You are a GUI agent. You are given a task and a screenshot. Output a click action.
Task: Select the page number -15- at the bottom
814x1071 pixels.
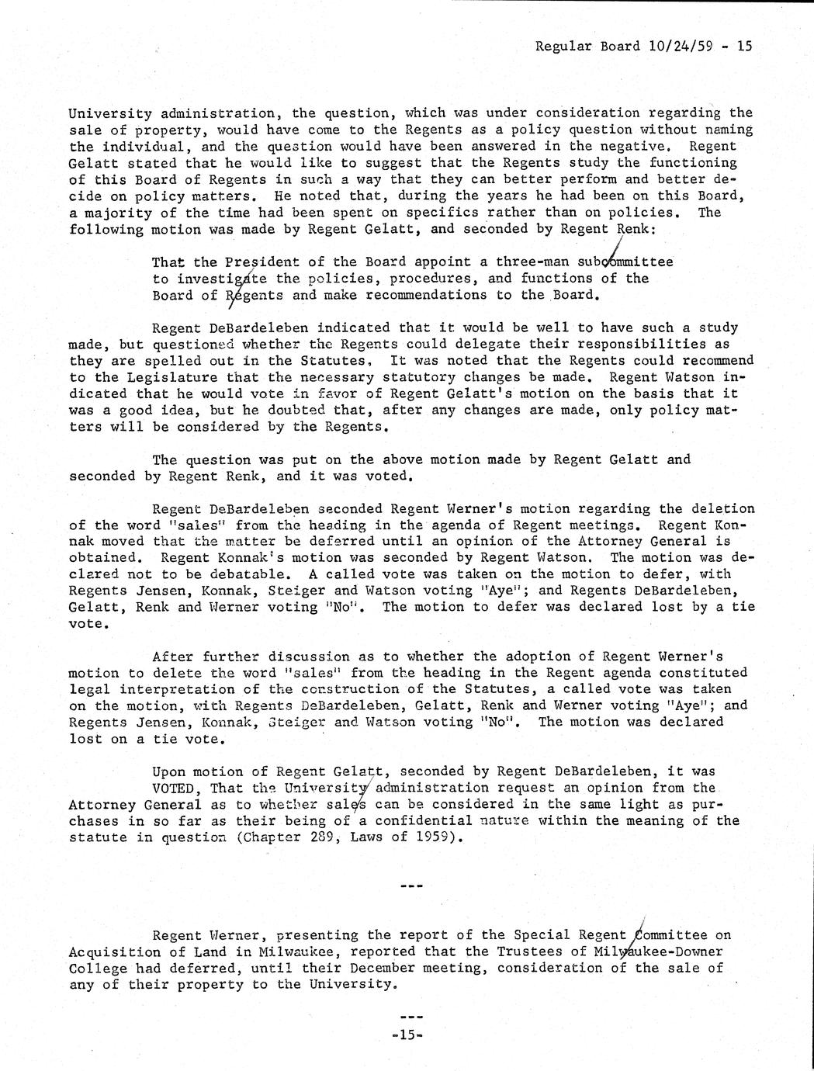tap(406, 1035)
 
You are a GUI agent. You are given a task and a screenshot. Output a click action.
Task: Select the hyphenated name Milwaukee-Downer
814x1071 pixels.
tap(658, 951)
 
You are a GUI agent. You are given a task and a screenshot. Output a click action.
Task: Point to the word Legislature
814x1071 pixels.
tap(155, 377)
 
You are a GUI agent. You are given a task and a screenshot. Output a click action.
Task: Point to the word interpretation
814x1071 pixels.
tap(161, 689)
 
